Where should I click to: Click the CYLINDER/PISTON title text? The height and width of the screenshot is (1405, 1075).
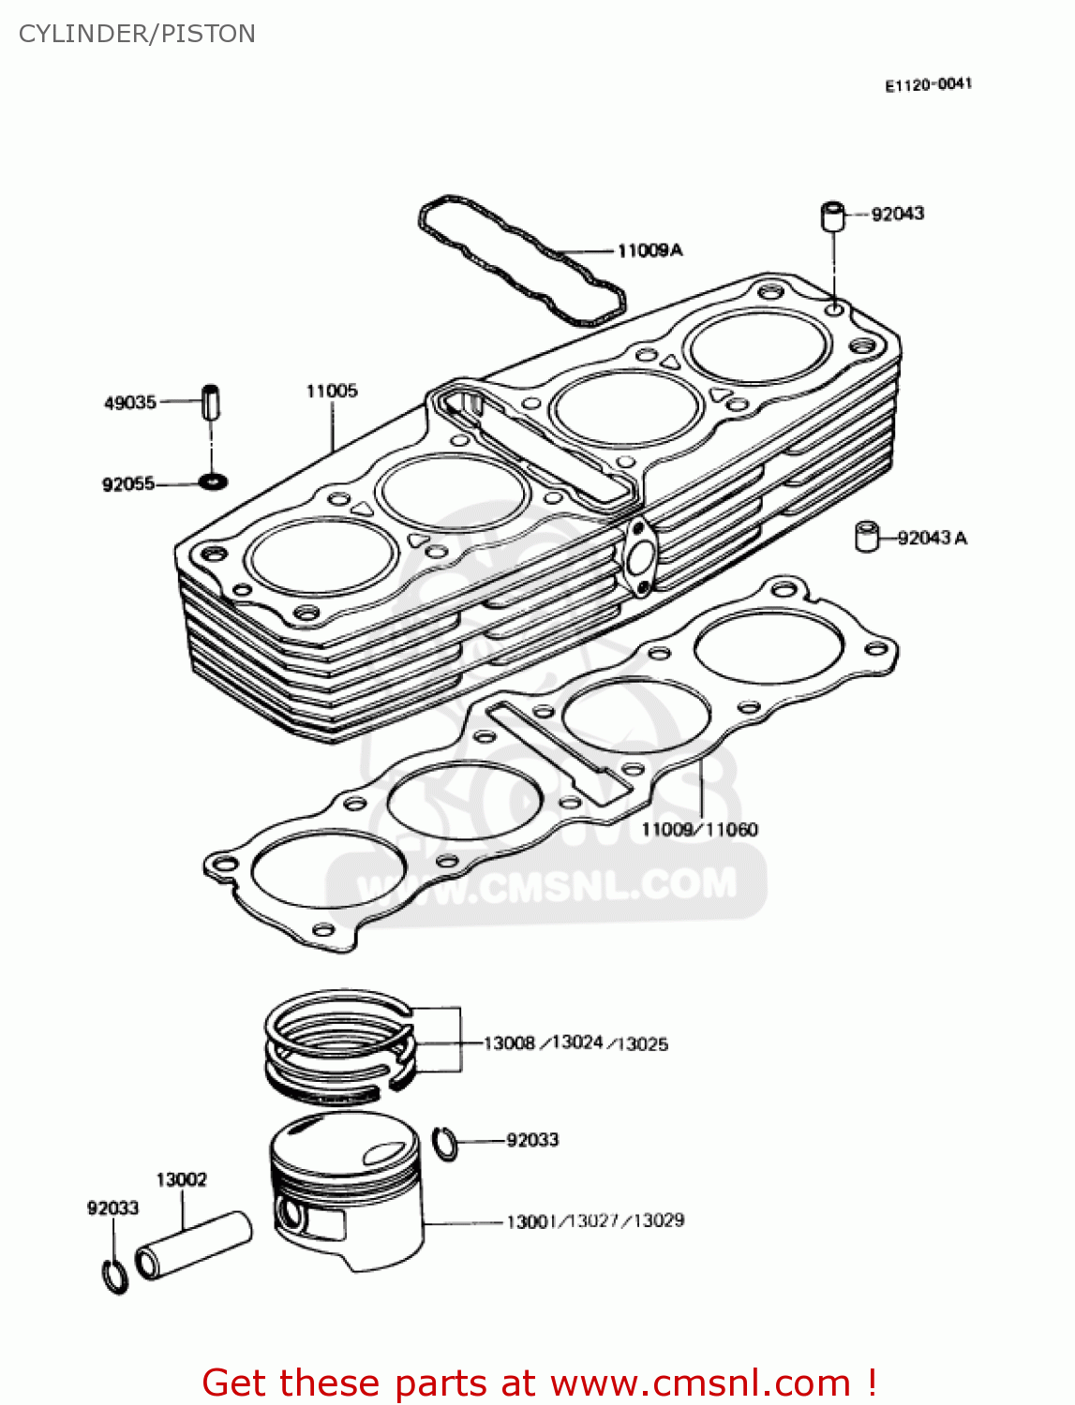point(137,34)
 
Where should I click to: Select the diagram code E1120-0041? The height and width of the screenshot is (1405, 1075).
point(928,84)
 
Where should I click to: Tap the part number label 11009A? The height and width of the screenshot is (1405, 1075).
point(649,250)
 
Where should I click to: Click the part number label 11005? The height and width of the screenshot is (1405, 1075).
point(332,391)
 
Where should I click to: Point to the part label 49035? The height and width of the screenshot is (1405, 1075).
point(129,403)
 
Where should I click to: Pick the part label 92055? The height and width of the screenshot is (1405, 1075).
point(128,484)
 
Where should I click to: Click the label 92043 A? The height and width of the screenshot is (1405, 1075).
point(932,538)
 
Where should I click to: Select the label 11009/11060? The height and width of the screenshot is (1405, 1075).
point(699,829)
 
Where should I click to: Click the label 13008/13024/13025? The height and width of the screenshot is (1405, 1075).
point(575,1043)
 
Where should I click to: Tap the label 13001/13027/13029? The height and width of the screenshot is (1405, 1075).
point(595,1220)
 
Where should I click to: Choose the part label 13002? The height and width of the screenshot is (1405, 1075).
point(181,1179)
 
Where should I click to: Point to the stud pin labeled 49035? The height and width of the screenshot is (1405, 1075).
point(212,403)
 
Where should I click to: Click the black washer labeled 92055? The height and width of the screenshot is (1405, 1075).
point(213,482)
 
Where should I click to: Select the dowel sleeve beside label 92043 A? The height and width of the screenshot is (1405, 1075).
point(867,537)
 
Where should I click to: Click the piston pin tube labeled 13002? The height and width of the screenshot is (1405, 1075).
point(194,1245)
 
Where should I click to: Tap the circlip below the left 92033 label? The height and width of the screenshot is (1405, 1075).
point(114,1276)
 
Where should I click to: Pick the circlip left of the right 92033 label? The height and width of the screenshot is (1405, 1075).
point(447,1143)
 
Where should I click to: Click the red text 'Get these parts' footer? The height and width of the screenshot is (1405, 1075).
point(539,1383)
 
